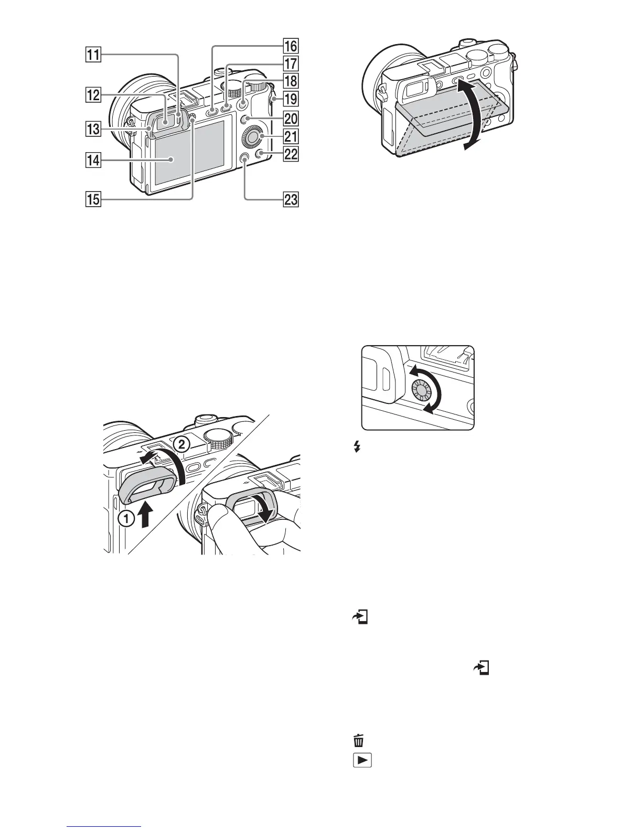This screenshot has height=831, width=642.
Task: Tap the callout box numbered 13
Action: (93, 128)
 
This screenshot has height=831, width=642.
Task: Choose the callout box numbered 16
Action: (291, 46)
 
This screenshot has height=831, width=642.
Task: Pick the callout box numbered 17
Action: (291, 64)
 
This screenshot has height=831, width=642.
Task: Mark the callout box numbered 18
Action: (291, 81)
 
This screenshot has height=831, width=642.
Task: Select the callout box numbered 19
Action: (291, 99)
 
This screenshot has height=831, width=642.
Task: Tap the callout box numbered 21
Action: (291, 137)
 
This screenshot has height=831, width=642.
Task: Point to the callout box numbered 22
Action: (291, 154)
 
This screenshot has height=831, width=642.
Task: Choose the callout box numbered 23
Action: (291, 199)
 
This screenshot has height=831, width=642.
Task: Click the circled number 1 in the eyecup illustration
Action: (125, 520)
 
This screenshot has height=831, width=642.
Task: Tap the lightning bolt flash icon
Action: (357, 447)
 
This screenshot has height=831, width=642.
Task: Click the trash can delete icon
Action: (359, 741)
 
